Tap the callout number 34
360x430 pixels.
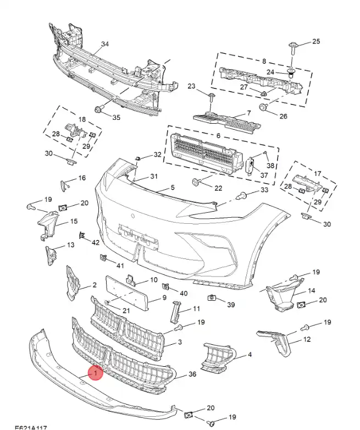click(x=105, y=45)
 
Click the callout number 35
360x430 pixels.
click(x=116, y=117)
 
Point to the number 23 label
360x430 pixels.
click(x=191, y=86)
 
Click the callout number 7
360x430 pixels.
click(x=248, y=114)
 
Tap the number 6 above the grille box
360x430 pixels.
click(x=218, y=136)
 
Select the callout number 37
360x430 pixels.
click(x=264, y=175)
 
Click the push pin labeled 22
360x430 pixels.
click(x=196, y=181)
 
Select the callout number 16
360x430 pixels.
click(x=82, y=178)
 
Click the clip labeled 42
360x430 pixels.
click(x=82, y=236)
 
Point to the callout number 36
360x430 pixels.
click(x=192, y=374)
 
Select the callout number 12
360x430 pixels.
click(x=307, y=340)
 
